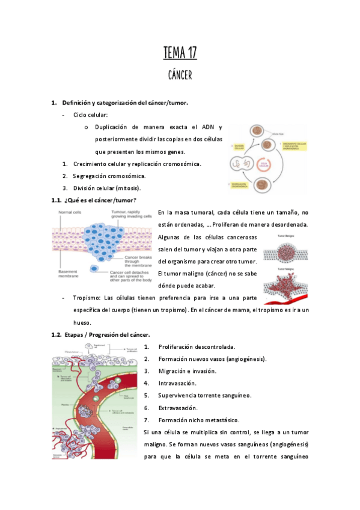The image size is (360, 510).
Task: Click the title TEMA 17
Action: (180, 54)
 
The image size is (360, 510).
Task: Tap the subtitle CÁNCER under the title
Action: (180, 75)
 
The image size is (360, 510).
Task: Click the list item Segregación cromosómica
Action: (109, 176)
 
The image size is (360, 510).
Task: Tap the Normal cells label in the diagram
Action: (71, 212)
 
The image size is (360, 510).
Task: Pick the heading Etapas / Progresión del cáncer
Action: (107, 334)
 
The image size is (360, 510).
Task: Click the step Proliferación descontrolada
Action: (197, 347)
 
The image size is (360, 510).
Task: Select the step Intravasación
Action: (177, 383)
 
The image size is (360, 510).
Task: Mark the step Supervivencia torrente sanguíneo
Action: (204, 395)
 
